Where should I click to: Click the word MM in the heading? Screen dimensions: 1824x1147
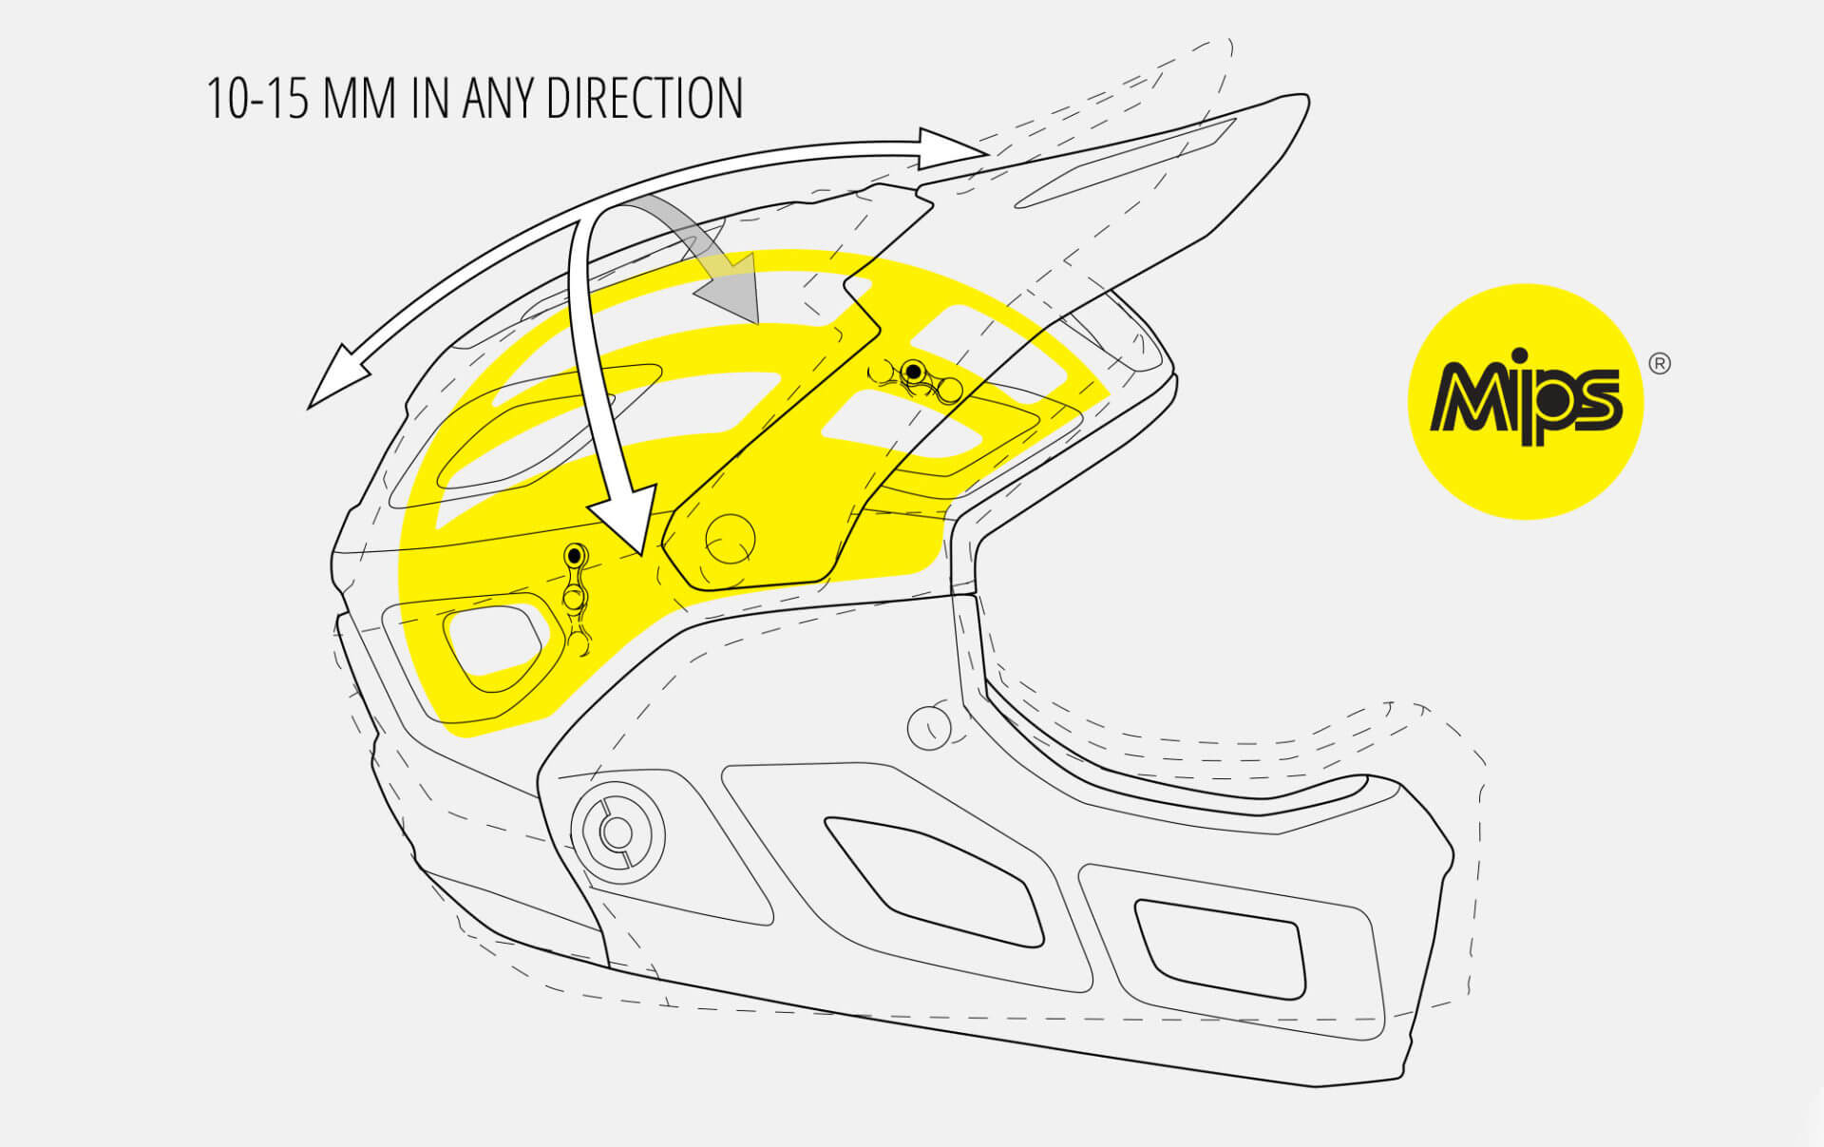[x=359, y=99]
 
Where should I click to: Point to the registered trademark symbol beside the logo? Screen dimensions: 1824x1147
[x=1659, y=364]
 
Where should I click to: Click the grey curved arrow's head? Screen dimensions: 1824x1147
[x=731, y=290]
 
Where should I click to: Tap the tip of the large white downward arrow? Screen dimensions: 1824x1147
[x=642, y=555]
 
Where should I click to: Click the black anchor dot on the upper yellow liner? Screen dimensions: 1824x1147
[x=913, y=371]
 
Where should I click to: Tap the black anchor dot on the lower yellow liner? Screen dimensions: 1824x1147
[x=574, y=554]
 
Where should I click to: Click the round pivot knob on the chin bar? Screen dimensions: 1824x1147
[x=617, y=832]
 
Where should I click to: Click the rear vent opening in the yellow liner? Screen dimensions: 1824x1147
[x=493, y=642]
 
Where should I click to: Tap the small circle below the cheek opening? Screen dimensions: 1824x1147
[x=929, y=727]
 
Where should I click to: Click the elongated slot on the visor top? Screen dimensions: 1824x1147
[x=1126, y=163]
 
